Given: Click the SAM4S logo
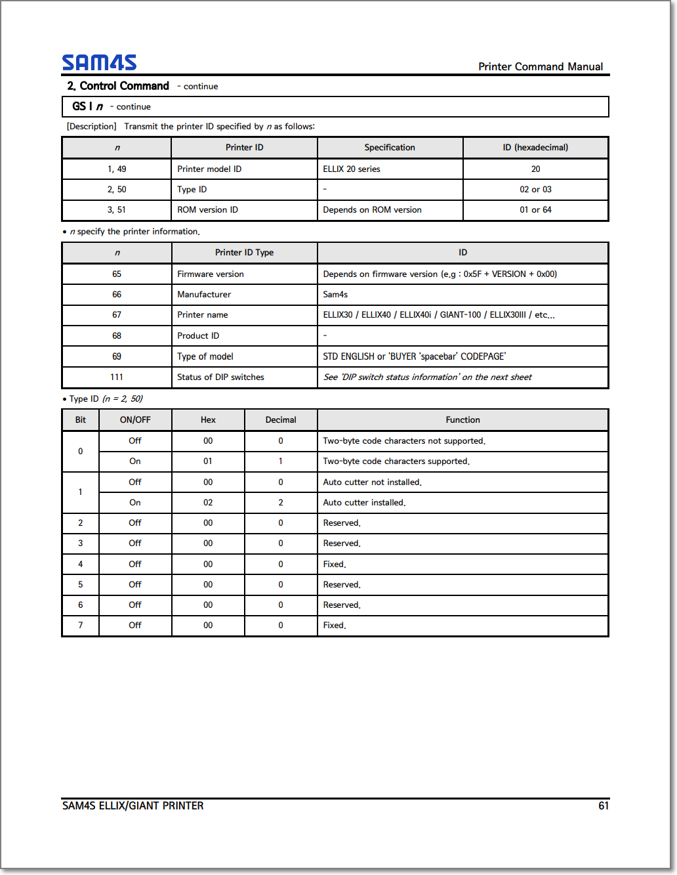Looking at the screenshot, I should pos(99,62).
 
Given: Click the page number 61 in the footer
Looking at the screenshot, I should pos(603,805).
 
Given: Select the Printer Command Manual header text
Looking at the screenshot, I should pos(541,66).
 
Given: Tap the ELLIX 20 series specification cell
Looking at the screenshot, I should pos(352,169).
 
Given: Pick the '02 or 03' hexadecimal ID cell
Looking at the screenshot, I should pos(535,189).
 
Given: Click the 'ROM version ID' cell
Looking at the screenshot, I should pos(207,209).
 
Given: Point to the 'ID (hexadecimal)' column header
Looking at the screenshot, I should pos(535,147).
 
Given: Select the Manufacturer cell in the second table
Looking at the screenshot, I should pos(204,294).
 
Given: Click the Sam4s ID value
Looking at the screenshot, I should pos(335,294).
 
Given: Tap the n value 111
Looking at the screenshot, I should pos(117,377).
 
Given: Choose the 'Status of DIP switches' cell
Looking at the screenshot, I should pos(220,377).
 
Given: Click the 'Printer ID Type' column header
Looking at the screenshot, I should pos(244,252).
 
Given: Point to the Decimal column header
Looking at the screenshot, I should pos(281,419).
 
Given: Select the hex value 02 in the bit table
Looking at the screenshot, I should pos(208,502).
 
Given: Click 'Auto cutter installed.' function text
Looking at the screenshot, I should pos(364,502).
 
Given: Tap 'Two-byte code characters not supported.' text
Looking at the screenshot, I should pos(404,440).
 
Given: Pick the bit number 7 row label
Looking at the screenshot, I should pos(81,625).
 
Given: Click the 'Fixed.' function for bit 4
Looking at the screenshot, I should pos(335,564).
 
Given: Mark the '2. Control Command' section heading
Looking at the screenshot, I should pos(118,86).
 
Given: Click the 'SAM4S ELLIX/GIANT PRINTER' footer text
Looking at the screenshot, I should pos(133,805).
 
